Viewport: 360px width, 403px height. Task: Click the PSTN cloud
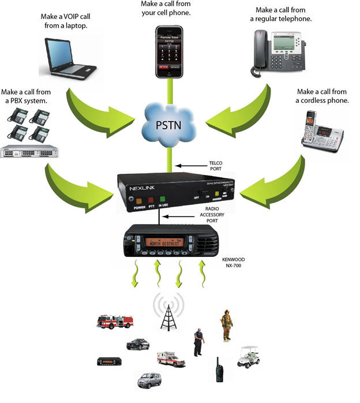coord(170,124)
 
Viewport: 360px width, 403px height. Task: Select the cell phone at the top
coord(169,51)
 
